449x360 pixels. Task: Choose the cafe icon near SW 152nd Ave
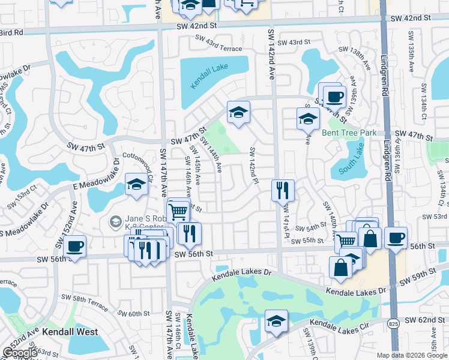(75, 245)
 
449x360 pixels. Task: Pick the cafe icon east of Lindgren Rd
(396, 238)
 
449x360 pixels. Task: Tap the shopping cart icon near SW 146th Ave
(178, 210)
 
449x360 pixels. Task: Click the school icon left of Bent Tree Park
(308, 118)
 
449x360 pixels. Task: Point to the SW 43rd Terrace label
(217, 49)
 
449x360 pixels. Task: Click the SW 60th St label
(133, 314)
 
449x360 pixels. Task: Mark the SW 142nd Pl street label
(253, 165)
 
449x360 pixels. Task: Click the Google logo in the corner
(20, 353)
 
